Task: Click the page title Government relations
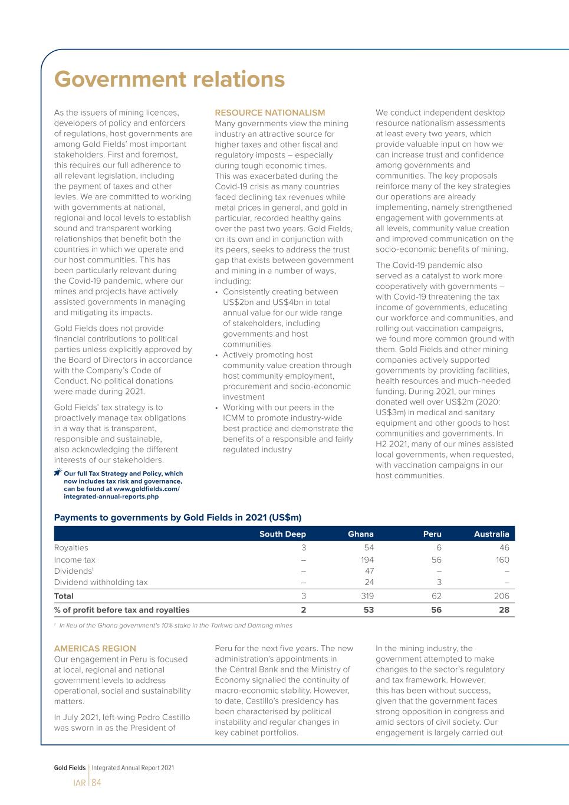click(169, 80)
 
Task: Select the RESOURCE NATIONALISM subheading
click(269, 113)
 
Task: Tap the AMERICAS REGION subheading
click(95, 648)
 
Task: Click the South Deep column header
click(282, 534)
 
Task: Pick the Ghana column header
click(360, 534)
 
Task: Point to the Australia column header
click(491, 534)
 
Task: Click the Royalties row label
click(71, 548)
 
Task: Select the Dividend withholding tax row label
click(101, 582)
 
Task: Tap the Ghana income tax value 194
click(366, 560)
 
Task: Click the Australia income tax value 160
click(502, 560)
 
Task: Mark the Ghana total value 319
click(366, 596)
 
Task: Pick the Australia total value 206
click(501, 596)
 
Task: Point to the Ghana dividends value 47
click(369, 571)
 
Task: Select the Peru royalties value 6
click(439, 548)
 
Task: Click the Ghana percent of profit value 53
click(368, 610)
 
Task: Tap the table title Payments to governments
click(177, 518)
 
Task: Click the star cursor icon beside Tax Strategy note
click(58, 472)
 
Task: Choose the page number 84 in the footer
click(96, 783)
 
